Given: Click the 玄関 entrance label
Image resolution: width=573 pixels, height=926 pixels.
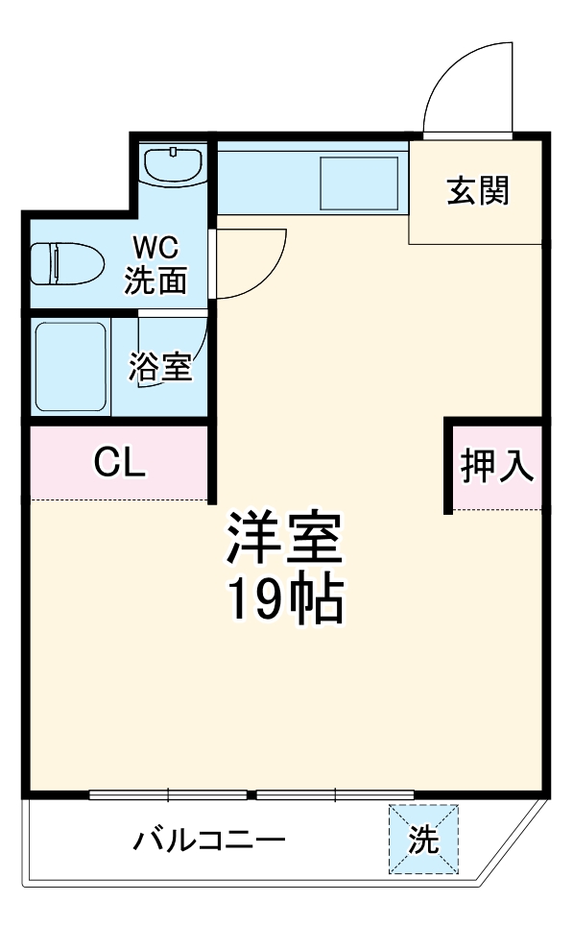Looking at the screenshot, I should [477, 191].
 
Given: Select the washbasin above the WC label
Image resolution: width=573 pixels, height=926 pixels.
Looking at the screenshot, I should [173, 164].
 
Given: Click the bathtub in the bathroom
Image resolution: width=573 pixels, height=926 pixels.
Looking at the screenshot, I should [70, 367].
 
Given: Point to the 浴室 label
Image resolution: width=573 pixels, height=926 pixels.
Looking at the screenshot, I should [161, 367].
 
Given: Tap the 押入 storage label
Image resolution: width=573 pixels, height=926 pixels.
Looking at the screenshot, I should [496, 466].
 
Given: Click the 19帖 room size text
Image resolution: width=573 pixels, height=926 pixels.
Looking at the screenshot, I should [284, 600].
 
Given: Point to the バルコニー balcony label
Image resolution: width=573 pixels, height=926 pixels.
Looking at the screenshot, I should [209, 841].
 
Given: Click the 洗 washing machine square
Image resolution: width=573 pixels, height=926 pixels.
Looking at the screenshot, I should [423, 840].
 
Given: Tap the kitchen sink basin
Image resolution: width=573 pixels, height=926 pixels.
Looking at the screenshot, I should [358, 183].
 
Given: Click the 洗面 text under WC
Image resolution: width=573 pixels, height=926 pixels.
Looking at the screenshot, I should [156, 280].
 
